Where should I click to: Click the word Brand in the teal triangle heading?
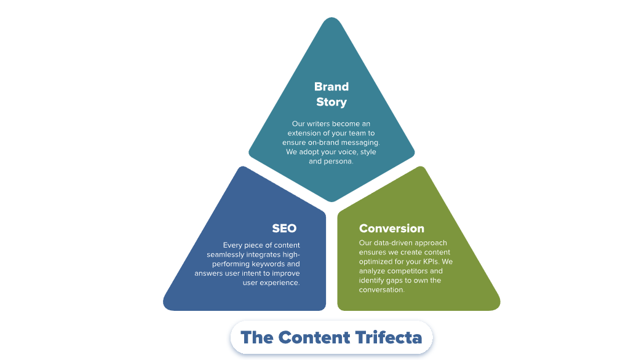coord(331,87)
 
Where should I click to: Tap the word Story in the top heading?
coord(331,102)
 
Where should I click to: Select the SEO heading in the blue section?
coord(284,228)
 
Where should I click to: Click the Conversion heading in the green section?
coord(392,228)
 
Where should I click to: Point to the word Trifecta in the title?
coord(389,337)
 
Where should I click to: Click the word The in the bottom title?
coord(256,337)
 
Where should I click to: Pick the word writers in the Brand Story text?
coord(319,123)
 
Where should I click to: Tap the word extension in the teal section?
coord(304,133)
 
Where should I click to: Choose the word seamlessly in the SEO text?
coord(225,255)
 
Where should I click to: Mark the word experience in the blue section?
coord(280,283)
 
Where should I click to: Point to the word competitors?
coord(407,271)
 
